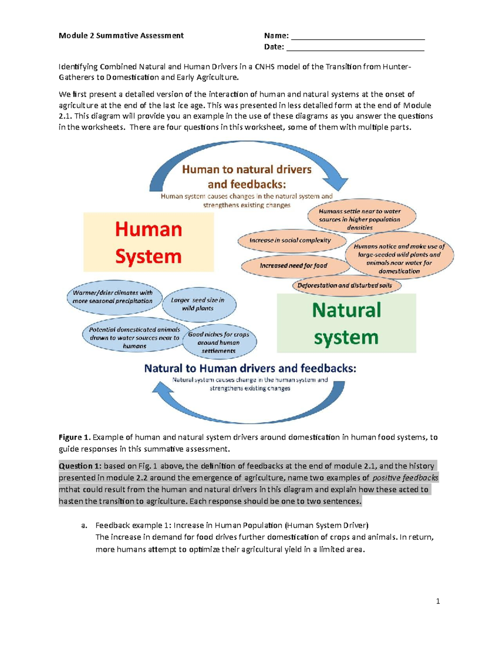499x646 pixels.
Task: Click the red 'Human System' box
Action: point(148,243)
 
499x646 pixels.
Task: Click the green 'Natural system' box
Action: point(346,323)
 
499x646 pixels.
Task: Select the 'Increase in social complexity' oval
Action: point(291,240)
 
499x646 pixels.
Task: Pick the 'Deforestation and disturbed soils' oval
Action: point(347,286)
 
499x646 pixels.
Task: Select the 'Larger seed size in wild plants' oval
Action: point(198,304)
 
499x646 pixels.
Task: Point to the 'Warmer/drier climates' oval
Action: point(113,297)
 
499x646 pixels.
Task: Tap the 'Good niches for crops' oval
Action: point(219,342)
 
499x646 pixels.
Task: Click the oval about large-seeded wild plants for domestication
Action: point(399,259)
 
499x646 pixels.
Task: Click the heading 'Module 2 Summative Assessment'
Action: point(121,36)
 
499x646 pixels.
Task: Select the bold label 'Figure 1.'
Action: point(74,437)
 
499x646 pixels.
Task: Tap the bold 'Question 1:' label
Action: point(80,466)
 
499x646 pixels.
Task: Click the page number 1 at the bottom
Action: point(438,601)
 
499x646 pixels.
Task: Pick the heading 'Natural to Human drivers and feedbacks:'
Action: point(250,368)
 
